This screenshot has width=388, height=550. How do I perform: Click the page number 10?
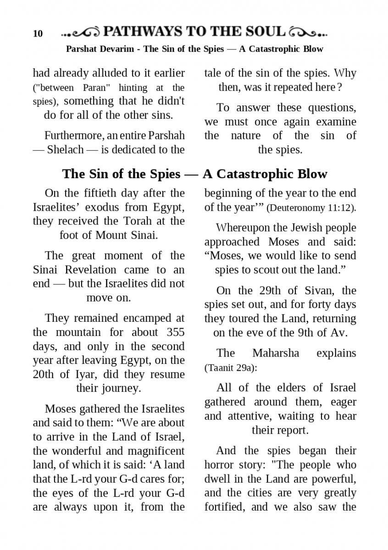click(x=38, y=33)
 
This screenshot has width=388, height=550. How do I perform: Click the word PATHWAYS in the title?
click(x=142, y=32)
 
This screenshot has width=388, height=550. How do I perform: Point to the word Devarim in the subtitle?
click(x=116, y=49)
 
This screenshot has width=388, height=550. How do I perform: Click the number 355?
click(x=175, y=332)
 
